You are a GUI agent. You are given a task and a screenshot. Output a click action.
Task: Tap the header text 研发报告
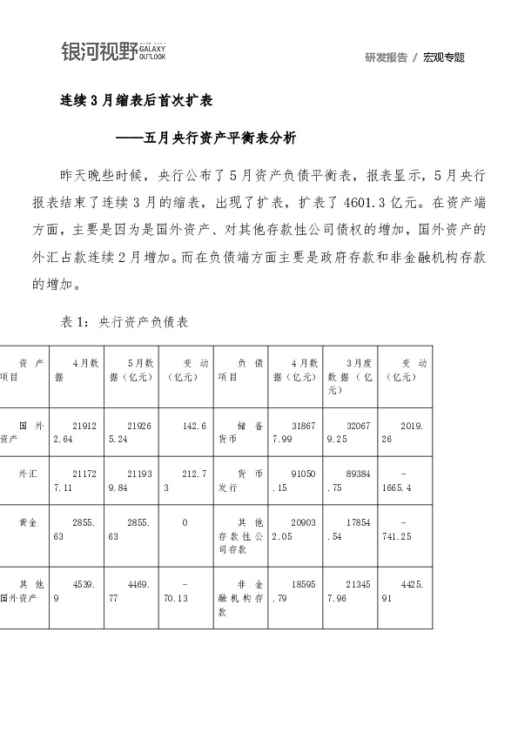387,57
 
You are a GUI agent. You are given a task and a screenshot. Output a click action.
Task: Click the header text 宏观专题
444,57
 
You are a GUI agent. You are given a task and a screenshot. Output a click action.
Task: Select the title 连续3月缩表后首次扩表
136,100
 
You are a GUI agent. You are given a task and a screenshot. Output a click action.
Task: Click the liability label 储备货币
240,433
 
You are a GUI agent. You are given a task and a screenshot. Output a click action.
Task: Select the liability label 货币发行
240,481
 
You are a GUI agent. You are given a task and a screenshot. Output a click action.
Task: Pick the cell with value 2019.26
405,433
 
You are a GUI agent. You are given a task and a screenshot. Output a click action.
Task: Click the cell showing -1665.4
405,481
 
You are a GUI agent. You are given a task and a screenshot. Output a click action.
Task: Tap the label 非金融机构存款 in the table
240,599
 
